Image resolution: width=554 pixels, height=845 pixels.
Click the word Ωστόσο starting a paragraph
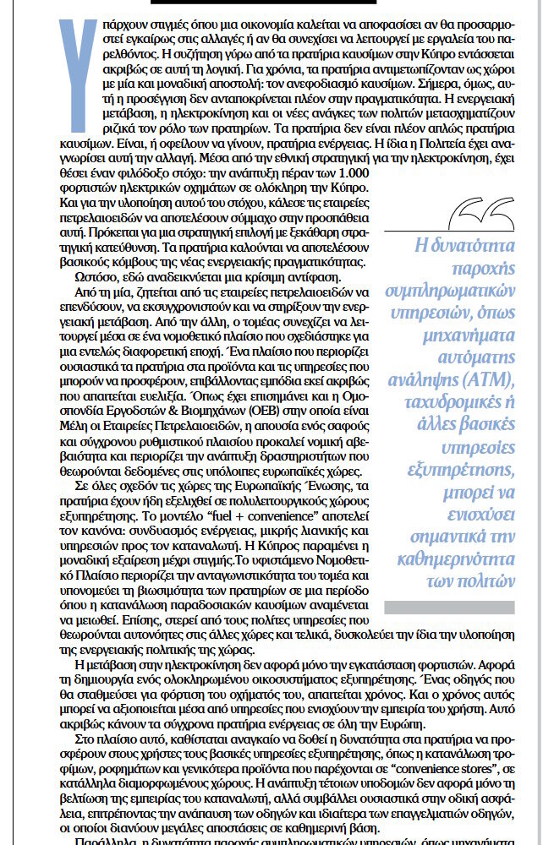pyautogui.click(x=88, y=278)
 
